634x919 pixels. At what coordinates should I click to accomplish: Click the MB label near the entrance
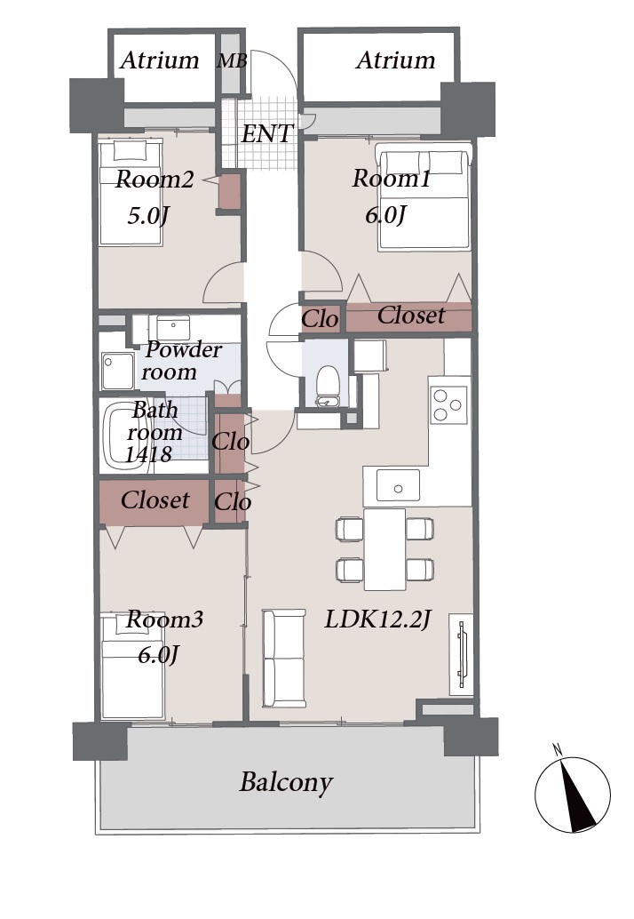click(x=232, y=60)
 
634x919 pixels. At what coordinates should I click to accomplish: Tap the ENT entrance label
click(x=267, y=133)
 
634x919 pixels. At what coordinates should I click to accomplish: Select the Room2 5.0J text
click(x=154, y=197)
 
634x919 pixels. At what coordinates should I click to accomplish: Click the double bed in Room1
click(x=424, y=197)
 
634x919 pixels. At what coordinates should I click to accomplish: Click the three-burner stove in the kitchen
click(x=449, y=404)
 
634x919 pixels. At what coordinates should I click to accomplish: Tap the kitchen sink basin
click(x=398, y=485)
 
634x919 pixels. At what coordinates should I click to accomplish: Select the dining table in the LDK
click(x=384, y=549)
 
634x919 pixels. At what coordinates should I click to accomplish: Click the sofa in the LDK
click(x=284, y=658)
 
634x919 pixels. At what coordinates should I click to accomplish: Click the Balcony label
click(x=286, y=782)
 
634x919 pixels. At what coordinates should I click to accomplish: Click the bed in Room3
click(x=131, y=665)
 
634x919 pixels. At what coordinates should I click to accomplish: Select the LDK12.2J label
click(x=377, y=619)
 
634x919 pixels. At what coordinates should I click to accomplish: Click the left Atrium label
click(x=160, y=60)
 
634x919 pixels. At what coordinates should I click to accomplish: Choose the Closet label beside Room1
click(x=411, y=316)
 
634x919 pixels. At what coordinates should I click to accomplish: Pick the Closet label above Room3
click(x=155, y=500)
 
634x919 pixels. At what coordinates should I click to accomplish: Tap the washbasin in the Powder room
click(x=172, y=327)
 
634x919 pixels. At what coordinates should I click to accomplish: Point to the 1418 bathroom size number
click(x=148, y=454)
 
